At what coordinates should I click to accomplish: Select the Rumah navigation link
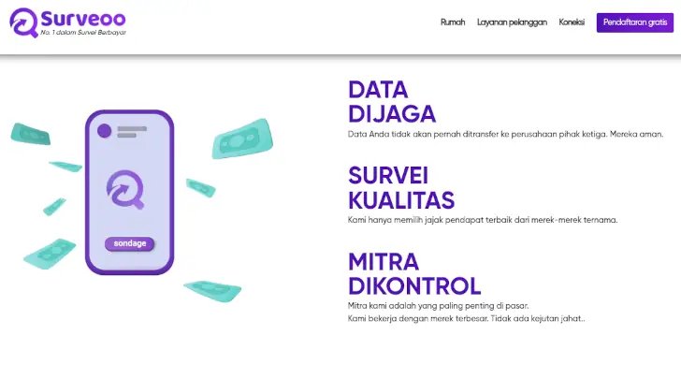453,22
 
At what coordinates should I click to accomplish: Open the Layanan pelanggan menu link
512,22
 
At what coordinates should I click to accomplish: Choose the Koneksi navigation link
572,22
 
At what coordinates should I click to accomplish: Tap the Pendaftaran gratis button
634,22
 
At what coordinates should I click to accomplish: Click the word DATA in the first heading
378,90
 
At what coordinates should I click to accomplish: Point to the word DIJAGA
392,114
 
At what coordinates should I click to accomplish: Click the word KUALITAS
401,200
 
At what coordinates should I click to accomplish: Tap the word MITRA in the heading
384,261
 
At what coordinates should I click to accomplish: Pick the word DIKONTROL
414,285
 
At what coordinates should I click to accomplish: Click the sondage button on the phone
129,244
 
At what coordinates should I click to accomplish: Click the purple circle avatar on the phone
105,130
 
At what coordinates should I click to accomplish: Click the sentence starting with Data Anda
505,134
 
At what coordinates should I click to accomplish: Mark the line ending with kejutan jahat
466,318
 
